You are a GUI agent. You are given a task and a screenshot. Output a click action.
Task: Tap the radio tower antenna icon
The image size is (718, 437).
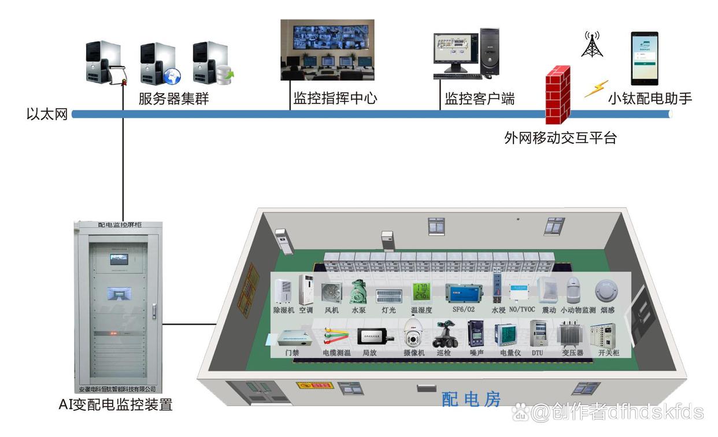(592, 45)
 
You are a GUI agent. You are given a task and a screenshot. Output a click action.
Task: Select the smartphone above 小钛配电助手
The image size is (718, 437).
(644, 58)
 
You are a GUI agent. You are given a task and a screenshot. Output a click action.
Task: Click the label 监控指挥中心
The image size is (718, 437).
(335, 98)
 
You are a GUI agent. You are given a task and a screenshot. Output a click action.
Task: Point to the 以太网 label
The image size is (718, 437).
(47, 114)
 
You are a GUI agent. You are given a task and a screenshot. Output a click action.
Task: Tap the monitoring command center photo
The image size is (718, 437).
(327, 50)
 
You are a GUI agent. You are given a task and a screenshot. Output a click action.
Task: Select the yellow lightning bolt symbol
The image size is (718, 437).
(595, 88)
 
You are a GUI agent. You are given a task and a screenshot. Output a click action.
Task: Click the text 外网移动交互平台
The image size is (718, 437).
(560, 138)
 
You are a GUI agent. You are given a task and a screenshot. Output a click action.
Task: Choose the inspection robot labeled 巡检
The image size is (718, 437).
(444, 336)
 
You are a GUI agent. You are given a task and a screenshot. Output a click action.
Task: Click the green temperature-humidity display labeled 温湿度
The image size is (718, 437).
(421, 292)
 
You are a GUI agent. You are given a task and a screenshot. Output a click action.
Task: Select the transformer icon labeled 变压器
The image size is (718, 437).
(572, 335)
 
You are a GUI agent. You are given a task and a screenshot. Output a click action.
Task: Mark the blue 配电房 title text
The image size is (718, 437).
(471, 399)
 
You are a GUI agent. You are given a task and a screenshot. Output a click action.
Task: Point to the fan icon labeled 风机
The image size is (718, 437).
(332, 293)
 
